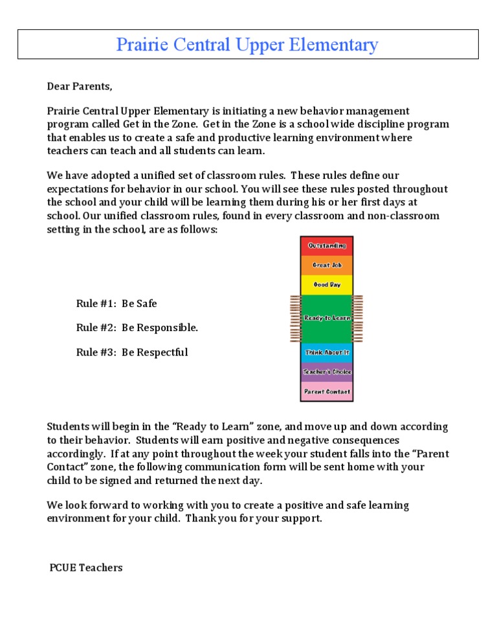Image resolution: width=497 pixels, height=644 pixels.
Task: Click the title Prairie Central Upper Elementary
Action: coord(247,45)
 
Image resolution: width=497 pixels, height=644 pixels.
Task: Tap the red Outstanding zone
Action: coord(327,246)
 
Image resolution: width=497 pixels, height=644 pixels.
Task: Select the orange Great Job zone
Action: coord(327,265)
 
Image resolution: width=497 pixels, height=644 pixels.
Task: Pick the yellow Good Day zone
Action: coord(327,284)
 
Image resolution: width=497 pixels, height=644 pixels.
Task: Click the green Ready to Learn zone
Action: coord(327,318)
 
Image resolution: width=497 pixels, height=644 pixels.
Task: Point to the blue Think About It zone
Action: coord(327,352)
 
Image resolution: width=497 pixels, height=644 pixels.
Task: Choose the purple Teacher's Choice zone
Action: coord(327,372)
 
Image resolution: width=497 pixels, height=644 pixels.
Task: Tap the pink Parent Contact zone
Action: coord(327,391)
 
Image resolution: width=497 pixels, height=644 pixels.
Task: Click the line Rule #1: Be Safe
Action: coord(116,303)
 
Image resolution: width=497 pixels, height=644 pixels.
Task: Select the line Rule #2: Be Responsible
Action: coord(137,328)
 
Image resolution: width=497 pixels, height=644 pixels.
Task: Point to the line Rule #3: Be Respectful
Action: coord(132,352)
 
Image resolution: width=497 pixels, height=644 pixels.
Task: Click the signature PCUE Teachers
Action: coord(86,568)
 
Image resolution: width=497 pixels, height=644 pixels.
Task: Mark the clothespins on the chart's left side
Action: coord(295,318)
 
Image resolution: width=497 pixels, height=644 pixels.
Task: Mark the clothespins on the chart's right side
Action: coord(358,318)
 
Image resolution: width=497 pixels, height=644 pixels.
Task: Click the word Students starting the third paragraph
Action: coord(68,427)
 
